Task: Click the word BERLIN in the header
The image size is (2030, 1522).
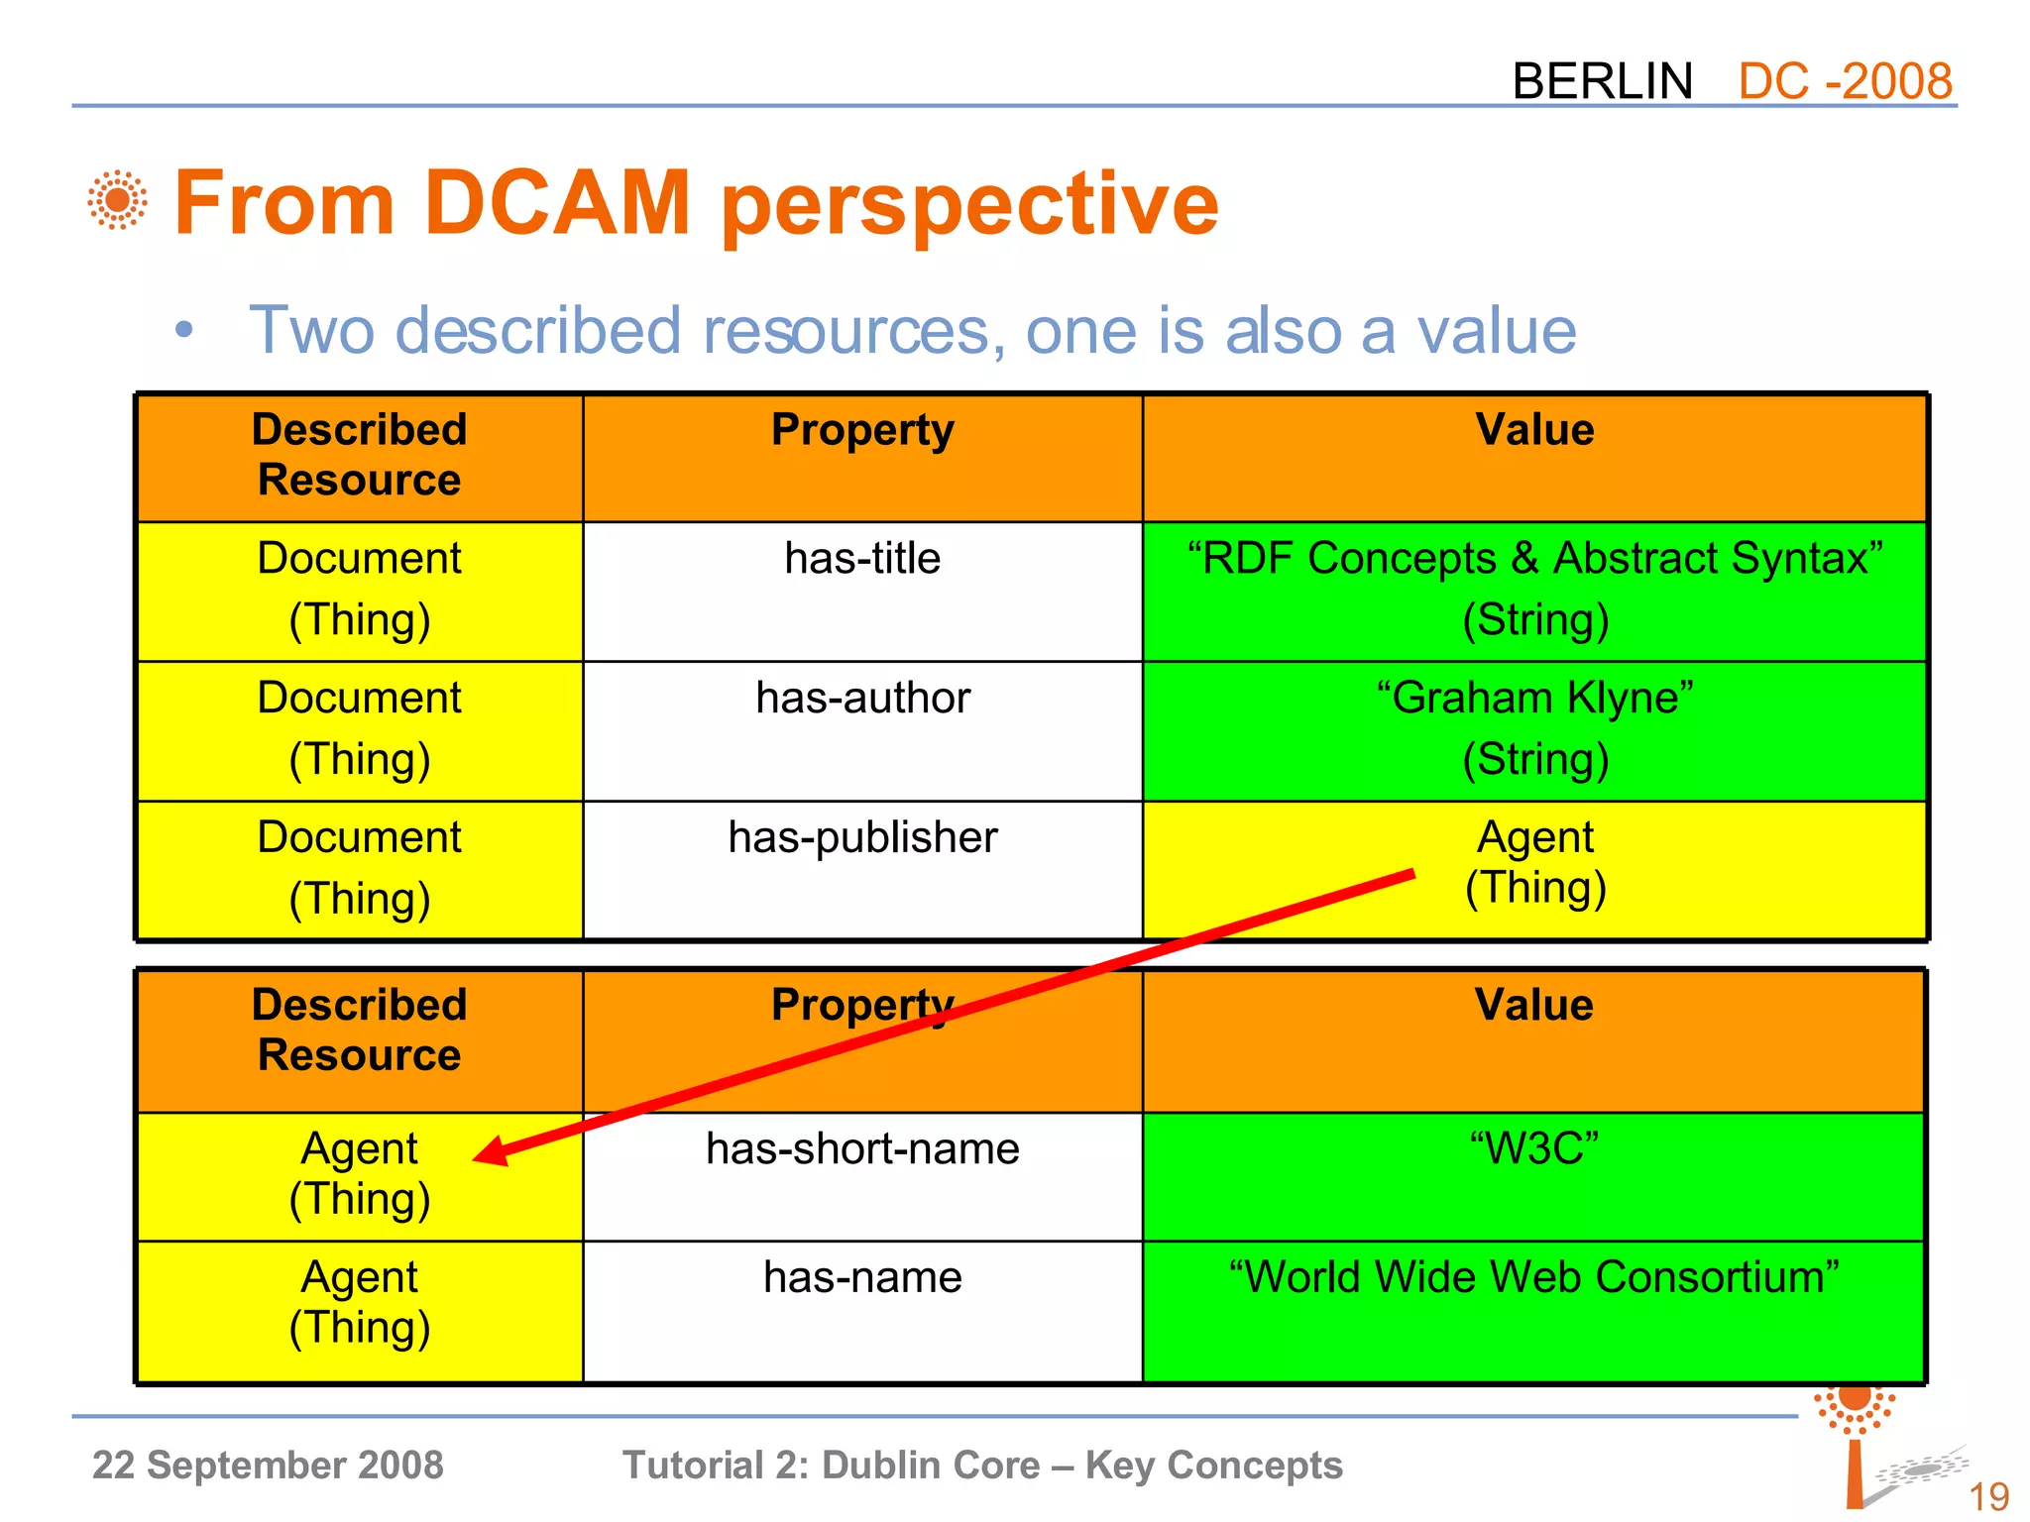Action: [1602, 81]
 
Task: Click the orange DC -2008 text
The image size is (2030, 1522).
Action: [1845, 81]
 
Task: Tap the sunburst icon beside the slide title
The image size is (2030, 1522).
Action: [117, 200]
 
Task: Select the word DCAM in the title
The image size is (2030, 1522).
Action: [556, 203]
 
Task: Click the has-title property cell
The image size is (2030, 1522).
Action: [862, 592]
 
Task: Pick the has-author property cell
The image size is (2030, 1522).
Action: [862, 730]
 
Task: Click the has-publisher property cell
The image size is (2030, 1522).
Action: [862, 869]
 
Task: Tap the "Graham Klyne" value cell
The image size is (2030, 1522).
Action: [1534, 730]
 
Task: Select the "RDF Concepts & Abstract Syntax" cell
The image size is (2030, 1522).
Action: [1534, 592]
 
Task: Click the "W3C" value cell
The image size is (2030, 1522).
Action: [1534, 1176]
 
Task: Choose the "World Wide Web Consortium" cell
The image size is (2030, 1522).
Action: [1534, 1310]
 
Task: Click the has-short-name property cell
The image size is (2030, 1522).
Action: [862, 1176]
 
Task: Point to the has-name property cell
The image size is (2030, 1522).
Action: [862, 1310]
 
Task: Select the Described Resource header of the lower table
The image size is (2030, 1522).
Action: [359, 1031]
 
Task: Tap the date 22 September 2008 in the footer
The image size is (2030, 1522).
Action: [268, 1465]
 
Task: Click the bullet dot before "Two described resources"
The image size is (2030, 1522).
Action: [183, 331]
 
